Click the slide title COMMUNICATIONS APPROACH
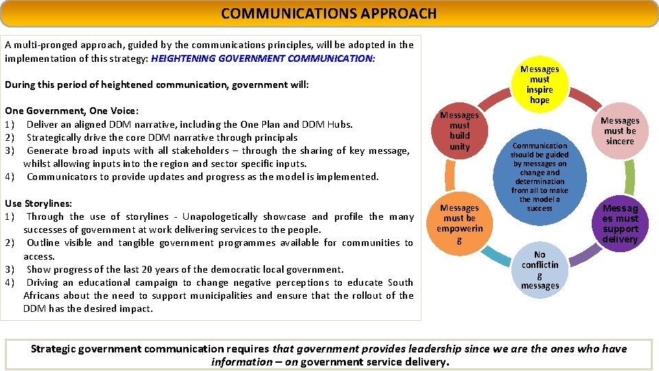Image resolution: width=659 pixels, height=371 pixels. (329, 13)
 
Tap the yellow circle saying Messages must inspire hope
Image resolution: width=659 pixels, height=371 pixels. (540, 85)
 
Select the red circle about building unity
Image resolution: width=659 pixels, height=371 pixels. (459, 131)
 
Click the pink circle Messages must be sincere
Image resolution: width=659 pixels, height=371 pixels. (620, 131)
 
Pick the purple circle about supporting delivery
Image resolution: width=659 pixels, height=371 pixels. (620, 223)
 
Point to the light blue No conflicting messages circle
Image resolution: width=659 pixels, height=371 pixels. (540, 270)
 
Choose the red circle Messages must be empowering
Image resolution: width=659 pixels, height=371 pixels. (459, 223)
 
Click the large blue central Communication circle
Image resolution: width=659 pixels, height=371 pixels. (540, 177)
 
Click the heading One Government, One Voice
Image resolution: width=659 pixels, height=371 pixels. (71, 111)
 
